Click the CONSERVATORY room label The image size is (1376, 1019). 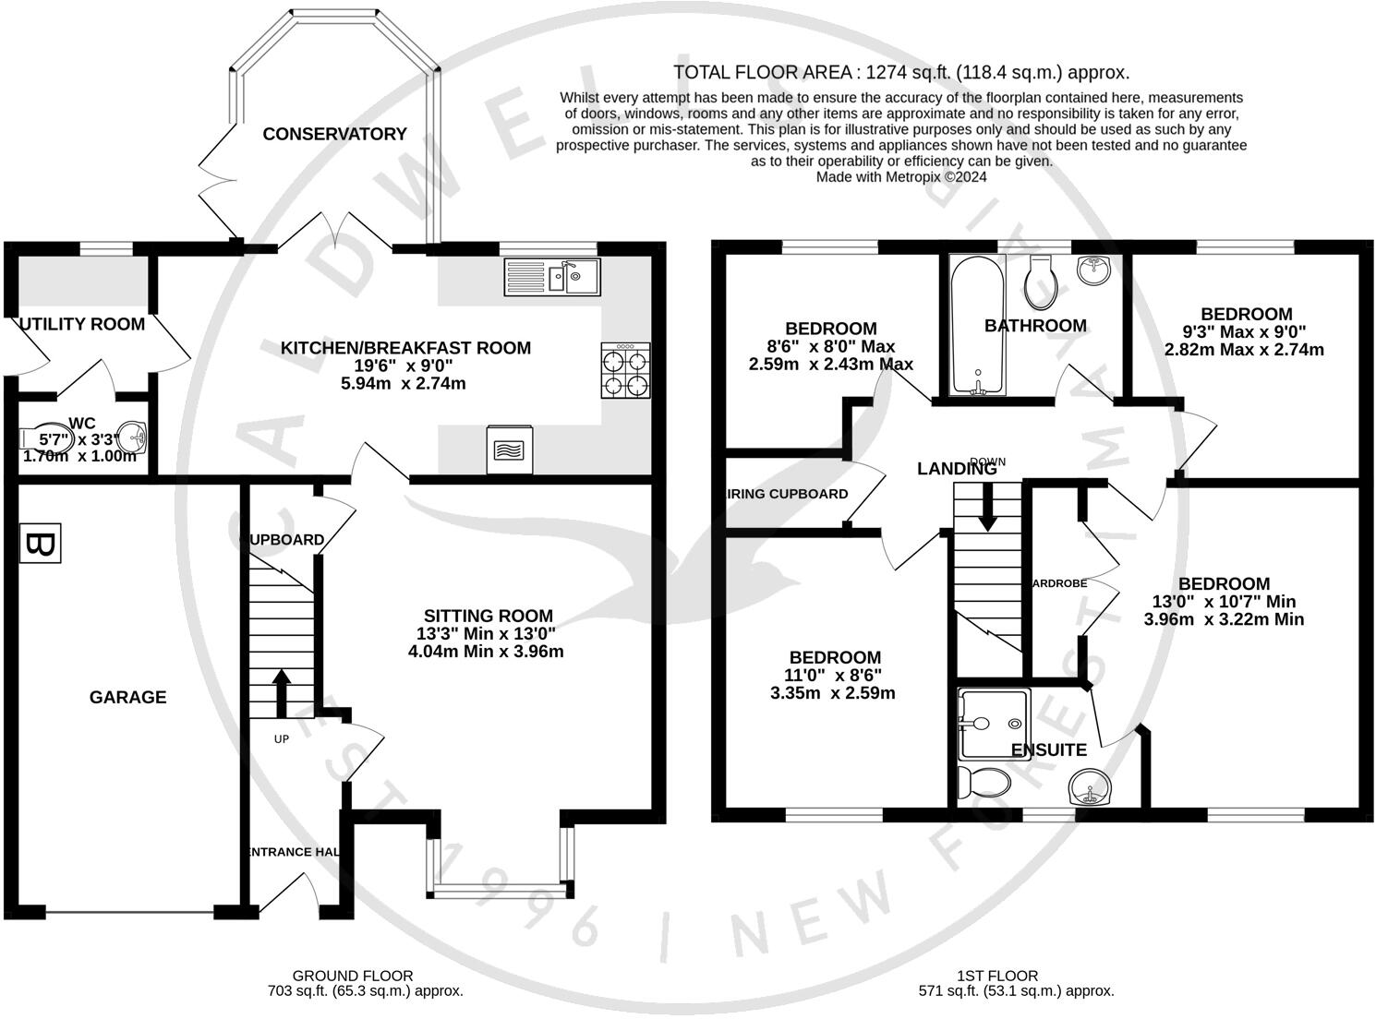tap(334, 134)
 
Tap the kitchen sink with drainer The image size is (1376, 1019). tap(552, 277)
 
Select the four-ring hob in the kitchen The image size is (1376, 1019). tap(625, 370)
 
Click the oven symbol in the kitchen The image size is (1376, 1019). tap(509, 450)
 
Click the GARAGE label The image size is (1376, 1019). tap(127, 697)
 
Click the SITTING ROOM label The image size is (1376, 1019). tap(489, 616)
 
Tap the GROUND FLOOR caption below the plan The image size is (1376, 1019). tap(353, 976)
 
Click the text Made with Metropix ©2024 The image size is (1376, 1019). tap(900, 176)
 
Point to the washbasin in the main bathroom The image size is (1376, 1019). tap(1094, 271)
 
